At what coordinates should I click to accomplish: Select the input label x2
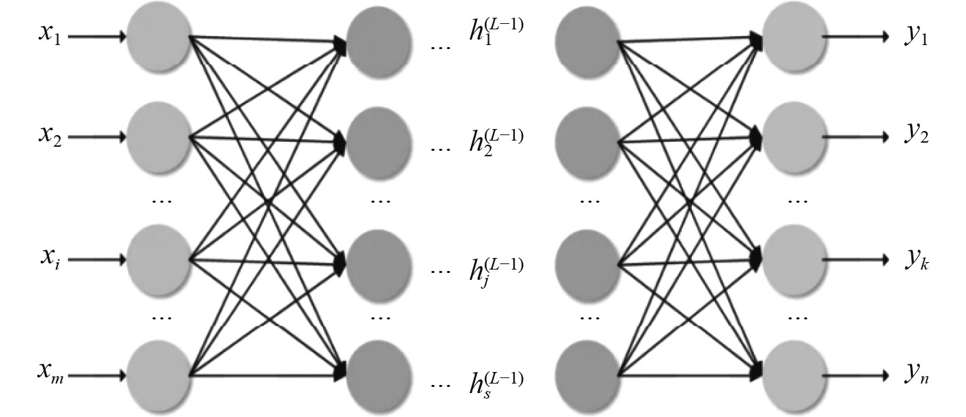point(50,136)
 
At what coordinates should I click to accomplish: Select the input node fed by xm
point(158,376)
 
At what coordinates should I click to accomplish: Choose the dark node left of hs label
point(379,375)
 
